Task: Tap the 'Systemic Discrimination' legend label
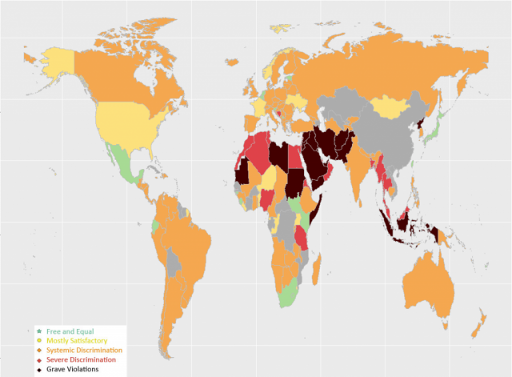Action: pyautogui.click(x=85, y=351)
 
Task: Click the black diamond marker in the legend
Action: pyautogui.click(x=38, y=370)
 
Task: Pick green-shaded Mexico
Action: pyautogui.click(x=122, y=160)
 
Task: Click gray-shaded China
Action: pyautogui.click(x=384, y=132)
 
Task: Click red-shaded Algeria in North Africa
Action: pyautogui.click(x=258, y=152)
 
